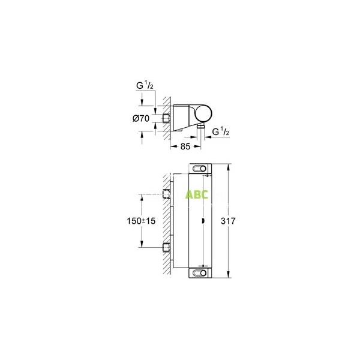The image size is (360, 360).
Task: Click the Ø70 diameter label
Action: [x=140, y=118]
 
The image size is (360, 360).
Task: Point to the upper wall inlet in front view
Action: [x=167, y=193]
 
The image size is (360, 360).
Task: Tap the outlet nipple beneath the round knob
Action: [x=201, y=128]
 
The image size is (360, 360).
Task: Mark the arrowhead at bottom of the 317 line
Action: [x=229, y=277]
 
